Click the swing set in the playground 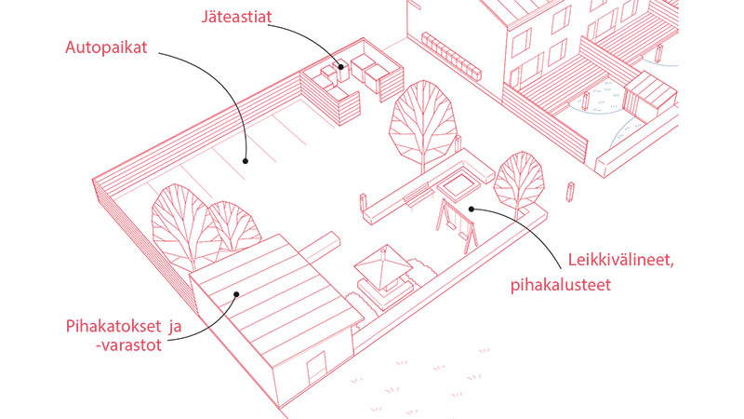pos(457,223)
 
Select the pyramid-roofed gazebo pos(383,268)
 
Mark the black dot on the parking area pos(246,160)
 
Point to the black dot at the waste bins pos(341,66)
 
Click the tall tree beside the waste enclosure pos(418,123)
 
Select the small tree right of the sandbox pos(518,179)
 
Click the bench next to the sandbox pos(418,197)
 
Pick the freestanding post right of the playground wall pos(572,193)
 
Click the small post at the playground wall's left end pos(361,199)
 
